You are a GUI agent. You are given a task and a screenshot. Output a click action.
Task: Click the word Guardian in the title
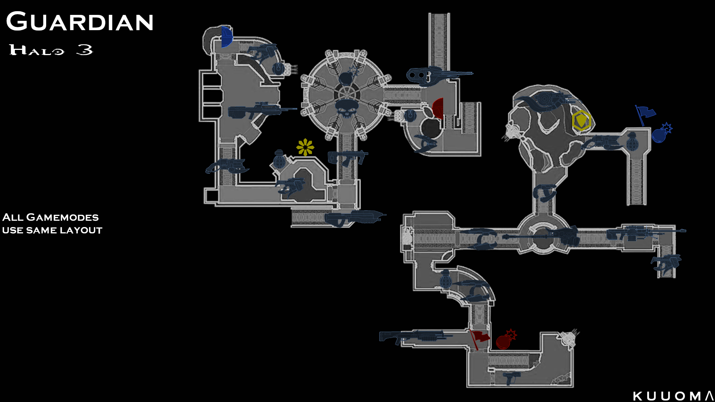coord(80,22)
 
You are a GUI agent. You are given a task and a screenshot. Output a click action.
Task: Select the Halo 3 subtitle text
coord(51,50)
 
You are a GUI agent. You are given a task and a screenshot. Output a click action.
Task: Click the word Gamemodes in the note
coord(63,217)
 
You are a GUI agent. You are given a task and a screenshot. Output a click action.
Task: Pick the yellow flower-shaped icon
coord(305,147)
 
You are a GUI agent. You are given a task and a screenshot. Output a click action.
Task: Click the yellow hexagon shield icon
coord(581,120)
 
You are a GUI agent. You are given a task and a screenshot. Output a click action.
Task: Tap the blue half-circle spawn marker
coord(227,37)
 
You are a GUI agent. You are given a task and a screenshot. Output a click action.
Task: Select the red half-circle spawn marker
coord(438,108)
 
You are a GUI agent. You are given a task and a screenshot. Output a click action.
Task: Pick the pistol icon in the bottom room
coord(511,378)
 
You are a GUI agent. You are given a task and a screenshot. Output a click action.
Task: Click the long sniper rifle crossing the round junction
coord(540,236)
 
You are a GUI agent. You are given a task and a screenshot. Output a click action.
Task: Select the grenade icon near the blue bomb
coord(633,141)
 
